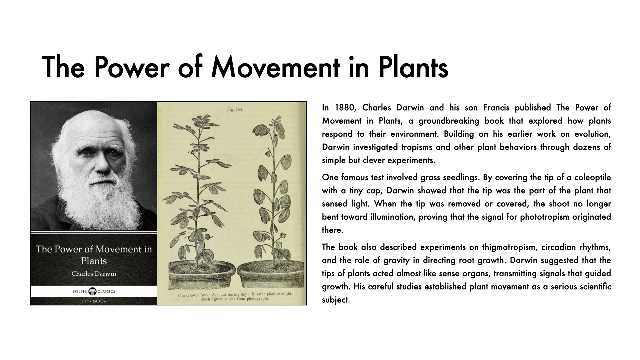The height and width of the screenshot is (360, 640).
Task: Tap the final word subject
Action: click(x=335, y=300)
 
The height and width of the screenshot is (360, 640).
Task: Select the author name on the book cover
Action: click(x=94, y=274)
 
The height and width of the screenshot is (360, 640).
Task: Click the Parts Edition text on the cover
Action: click(x=94, y=301)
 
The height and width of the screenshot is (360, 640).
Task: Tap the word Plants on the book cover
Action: click(x=94, y=261)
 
